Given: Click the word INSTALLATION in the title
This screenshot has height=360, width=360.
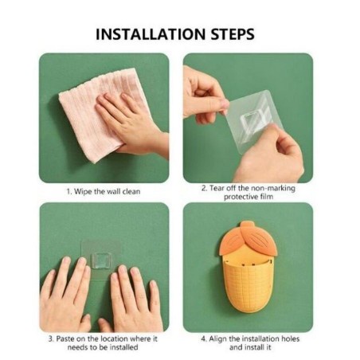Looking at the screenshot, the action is [x=151, y=34].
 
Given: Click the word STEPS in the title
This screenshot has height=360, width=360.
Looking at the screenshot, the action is [x=233, y=34].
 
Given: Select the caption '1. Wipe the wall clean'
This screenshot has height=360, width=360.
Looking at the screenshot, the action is [x=104, y=191].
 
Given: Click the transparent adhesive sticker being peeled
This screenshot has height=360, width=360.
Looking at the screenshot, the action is [x=249, y=121].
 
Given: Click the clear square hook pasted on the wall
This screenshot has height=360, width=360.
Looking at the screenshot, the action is [x=101, y=260].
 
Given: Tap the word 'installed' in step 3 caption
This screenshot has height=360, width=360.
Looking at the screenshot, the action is [x=124, y=347].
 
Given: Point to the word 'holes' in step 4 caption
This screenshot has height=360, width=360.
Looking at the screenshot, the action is [x=290, y=338].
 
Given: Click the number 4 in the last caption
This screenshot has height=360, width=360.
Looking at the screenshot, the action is [x=203, y=339].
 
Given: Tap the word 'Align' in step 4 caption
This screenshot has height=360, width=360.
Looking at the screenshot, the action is [x=217, y=339].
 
